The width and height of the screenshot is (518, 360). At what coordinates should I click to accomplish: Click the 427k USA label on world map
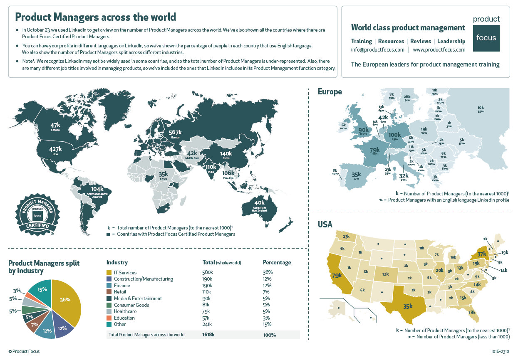click(x=55, y=150)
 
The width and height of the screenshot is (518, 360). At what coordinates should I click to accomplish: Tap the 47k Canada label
click(x=55, y=126)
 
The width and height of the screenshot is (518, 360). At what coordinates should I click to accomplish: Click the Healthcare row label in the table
click(x=125, y=311)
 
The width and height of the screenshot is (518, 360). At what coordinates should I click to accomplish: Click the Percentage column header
click(x=277, y=262)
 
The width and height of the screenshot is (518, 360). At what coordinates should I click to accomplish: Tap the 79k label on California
click(x=336, y=276)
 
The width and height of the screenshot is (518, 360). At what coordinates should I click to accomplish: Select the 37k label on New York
click(x=481, y=254)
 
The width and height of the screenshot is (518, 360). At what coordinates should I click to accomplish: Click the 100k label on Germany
click(x=394, y=135)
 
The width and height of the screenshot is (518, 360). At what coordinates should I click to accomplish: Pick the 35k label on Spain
click(x=356, y=175)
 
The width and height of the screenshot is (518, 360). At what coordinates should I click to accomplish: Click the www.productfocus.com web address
click(x=439, y=49)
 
